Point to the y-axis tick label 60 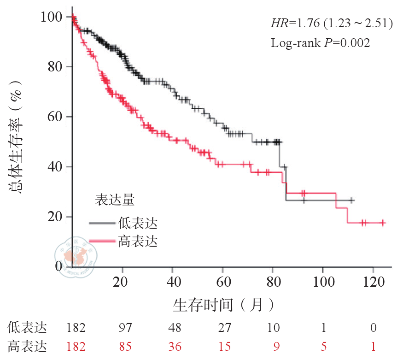(55, 117)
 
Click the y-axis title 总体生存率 (17, 138)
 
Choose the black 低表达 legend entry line (103, 224)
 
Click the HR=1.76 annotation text (331, 23)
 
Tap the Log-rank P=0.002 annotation (320, 43)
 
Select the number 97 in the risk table (125, 328)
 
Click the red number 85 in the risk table (125, 346)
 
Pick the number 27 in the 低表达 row (225, 328)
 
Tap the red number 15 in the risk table (225, 346)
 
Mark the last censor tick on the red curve (382, 223)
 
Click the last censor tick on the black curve (352, 201)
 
